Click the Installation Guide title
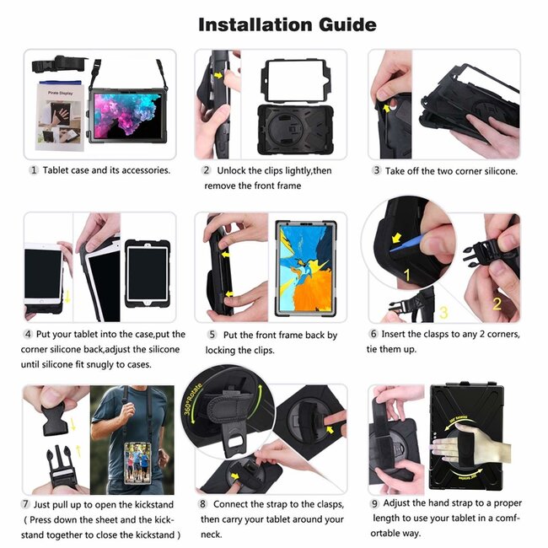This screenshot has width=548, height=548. tap(287, 24)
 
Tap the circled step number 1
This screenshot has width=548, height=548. tap(34, 170)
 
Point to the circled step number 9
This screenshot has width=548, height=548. tap(376, 503)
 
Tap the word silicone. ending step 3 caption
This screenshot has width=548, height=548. tap(493, 170)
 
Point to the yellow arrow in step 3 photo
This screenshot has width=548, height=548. tap(388, 107)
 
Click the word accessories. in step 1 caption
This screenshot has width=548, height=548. tap(144, 170)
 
